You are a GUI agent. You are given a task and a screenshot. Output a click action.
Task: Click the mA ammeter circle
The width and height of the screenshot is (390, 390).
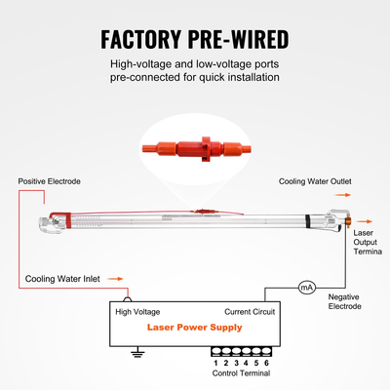coord(307,288)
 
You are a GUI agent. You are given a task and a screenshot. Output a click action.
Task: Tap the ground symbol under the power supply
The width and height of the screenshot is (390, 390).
coord(137,352)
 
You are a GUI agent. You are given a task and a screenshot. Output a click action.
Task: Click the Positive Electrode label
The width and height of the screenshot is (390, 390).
coord(50,181)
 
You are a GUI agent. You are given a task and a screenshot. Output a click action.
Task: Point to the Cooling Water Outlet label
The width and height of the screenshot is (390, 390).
coord(315,181)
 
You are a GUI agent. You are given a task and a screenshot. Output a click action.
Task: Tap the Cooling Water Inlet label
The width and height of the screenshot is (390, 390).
coord(62,279)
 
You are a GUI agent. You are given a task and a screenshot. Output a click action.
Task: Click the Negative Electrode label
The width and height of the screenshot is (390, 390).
coord(344,301)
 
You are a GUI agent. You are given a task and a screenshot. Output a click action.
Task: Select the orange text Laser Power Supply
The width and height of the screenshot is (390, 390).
coord(195,328)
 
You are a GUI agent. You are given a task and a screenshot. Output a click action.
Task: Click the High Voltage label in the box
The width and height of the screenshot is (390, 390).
coord(137,312)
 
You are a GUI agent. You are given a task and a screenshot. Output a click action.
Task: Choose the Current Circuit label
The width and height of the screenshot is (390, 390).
coord(250,312)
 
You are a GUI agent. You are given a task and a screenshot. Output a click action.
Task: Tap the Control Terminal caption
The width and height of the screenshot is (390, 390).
coord(241,373)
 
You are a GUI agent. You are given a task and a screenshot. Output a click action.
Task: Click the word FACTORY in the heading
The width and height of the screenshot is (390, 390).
coord(140,39)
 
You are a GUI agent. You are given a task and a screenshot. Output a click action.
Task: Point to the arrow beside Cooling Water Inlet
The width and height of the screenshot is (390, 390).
coord(115,279)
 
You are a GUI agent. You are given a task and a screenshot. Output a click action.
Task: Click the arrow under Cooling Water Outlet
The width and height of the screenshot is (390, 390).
coord(343,195)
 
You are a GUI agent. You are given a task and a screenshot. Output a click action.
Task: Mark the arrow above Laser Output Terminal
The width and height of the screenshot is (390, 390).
coord(364,221)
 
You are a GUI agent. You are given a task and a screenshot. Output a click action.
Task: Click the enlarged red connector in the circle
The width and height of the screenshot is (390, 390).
coord(196,149)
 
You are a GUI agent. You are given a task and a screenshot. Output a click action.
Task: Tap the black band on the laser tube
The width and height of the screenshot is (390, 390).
coord(307,221)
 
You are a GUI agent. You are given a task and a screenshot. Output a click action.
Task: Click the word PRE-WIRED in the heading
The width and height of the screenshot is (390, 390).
coord(239,39)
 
